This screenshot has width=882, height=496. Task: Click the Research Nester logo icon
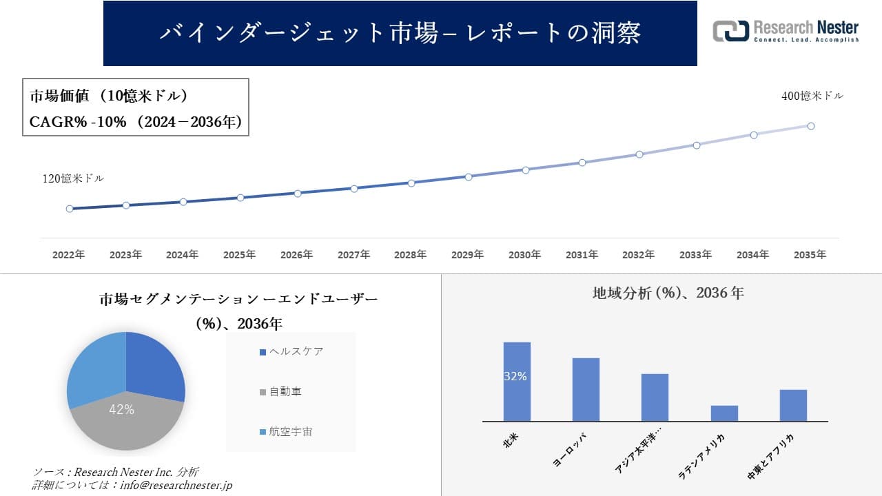pyautogui.click(x=730, y=31)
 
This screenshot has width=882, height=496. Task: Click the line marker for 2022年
pyautogui.click(x=70, y=209)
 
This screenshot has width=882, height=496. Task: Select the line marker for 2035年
pyautogui.click(x=811, y=126)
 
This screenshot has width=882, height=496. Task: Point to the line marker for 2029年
pyautogui.click(x=469, y=177)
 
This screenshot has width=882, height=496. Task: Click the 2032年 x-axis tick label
pyautogui.click(x=638, y=255)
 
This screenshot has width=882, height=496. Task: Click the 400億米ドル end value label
pyautogui.click(x=812, y=96)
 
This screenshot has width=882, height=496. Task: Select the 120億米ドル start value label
pyautogui.click(x=73, y=178)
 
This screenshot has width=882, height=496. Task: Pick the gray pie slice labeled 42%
pyautogui.click(x=124, y=424)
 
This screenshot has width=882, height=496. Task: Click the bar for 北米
pyautogui.click(x=517, y=382)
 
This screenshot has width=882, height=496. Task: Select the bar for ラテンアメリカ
pyautogui.click(x=724, y=413)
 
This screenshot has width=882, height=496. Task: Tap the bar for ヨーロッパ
pyautogui.click(x=586, y=389)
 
